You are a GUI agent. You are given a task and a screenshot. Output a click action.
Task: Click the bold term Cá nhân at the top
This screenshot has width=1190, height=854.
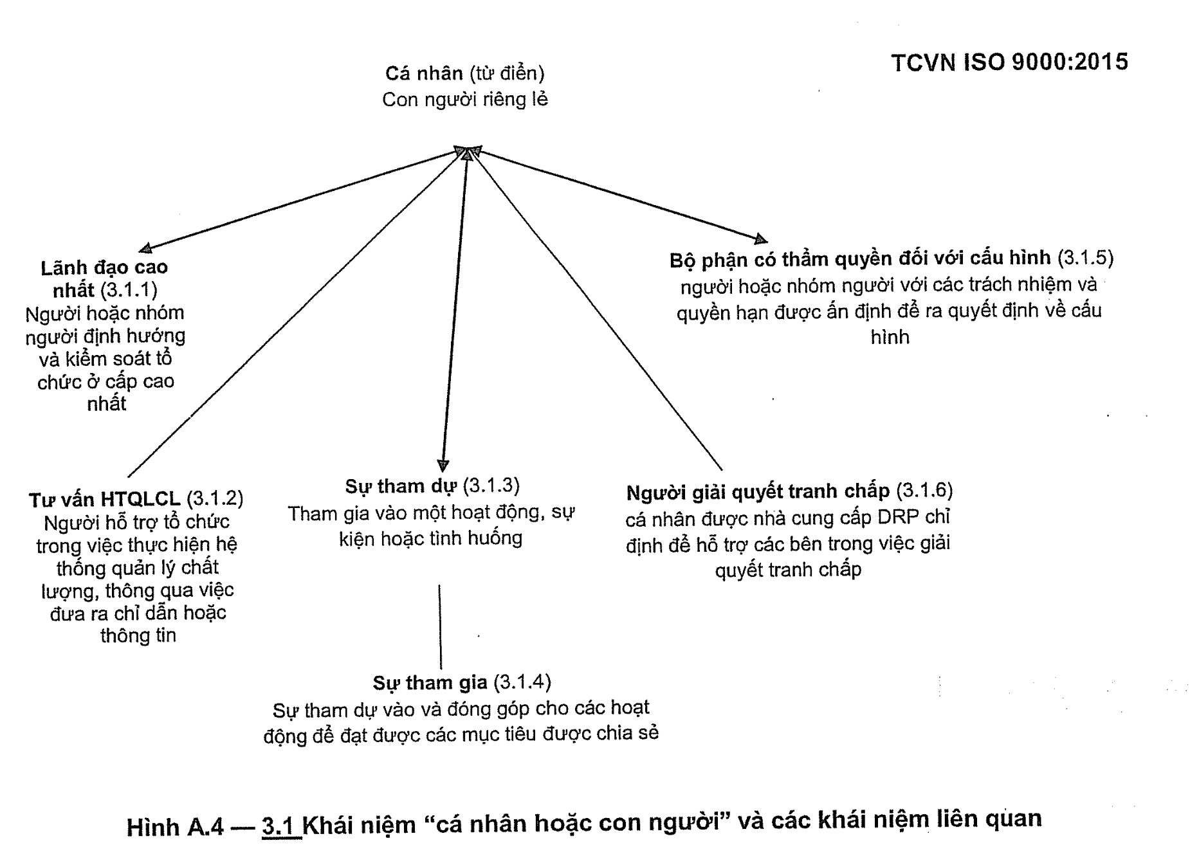click(x=423, y=73)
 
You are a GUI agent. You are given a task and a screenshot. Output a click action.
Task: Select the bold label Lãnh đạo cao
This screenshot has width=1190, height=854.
click(x=104, y=268)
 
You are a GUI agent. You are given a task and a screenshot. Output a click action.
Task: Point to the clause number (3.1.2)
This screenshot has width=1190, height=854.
click(x=215, y=498)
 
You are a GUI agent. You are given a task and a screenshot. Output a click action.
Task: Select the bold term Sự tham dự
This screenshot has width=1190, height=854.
click(x=401, y=486)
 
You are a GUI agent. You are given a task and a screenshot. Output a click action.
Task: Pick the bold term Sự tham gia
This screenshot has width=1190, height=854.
click(x=430, y=682)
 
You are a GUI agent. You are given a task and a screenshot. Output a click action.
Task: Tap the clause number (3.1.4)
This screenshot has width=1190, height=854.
click(x=522, y=682)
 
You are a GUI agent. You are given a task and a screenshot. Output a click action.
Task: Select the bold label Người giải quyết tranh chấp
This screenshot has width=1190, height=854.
click(x=758, y=492)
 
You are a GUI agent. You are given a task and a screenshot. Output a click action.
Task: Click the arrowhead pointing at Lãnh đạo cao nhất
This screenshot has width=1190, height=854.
click(x=146, y=249)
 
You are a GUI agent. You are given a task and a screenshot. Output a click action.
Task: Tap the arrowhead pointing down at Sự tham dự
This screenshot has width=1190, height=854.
click(x=443, y=466)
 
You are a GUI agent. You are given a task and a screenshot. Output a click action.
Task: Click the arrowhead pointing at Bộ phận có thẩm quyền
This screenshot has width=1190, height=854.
click(x=760, y=239)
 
